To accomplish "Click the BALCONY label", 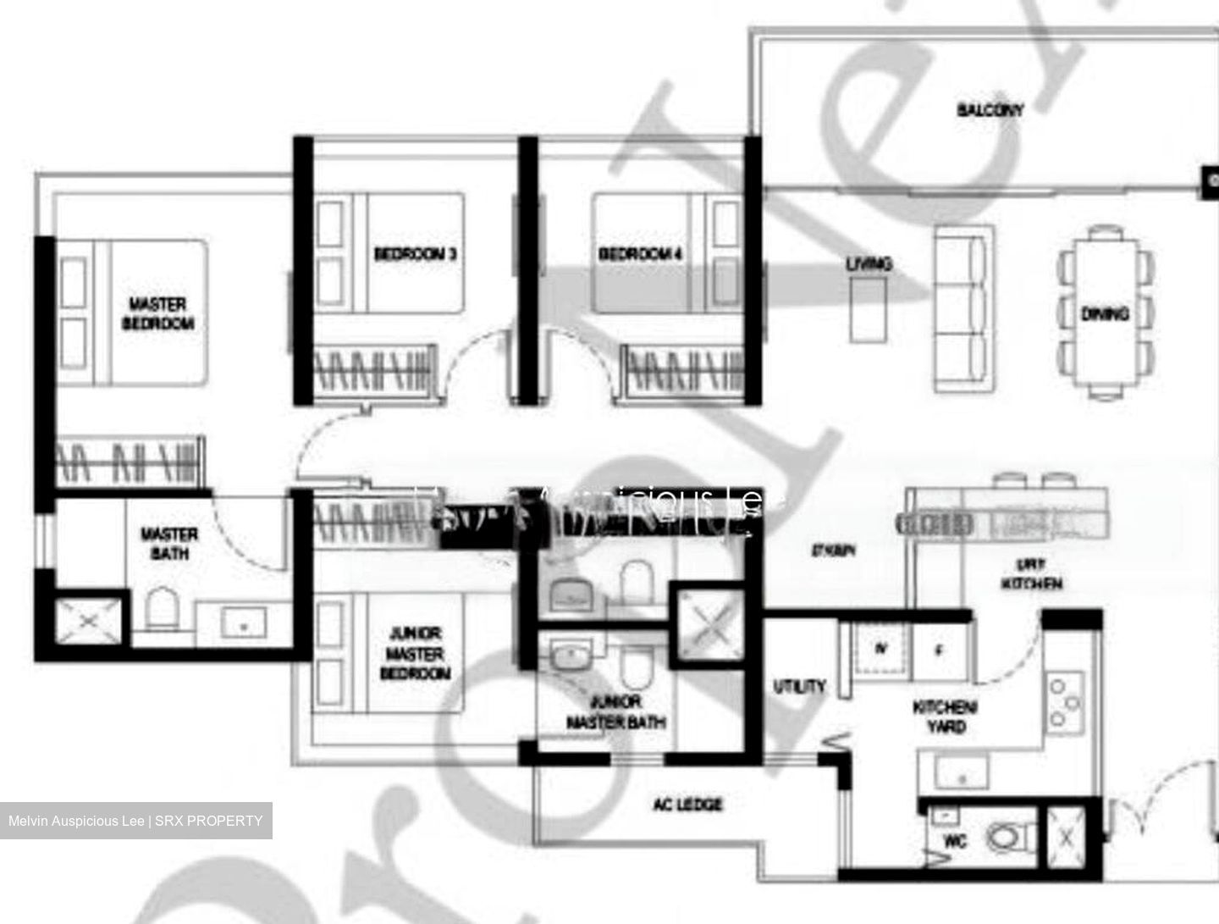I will click(x=990, y=109).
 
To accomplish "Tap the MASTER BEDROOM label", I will click(x=158, y=313).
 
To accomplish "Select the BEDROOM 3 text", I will click(x=415, y=253).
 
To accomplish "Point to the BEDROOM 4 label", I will click(x=640, y=253).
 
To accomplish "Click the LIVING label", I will click(x=869, y=264).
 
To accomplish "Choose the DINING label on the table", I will click(x=1105, y=313).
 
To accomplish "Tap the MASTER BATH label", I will click(x=169, y=544).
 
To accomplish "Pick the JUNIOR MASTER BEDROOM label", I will click(x=415, y=653).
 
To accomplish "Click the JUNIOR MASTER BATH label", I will click(x=615, y=712).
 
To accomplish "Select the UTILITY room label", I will click(x=799, y=686).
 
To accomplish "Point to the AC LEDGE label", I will click(x=687, y=804).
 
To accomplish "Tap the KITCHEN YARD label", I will click(x=946, y=717).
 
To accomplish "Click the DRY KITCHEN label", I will click(x=1031, y=574).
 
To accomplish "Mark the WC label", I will click(x=955, y=842).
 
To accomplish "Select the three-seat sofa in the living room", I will click(x=962, y=310).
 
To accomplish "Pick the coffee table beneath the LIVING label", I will click(x=868, y=310).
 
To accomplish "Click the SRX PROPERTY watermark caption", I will click(x=135, y=821).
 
